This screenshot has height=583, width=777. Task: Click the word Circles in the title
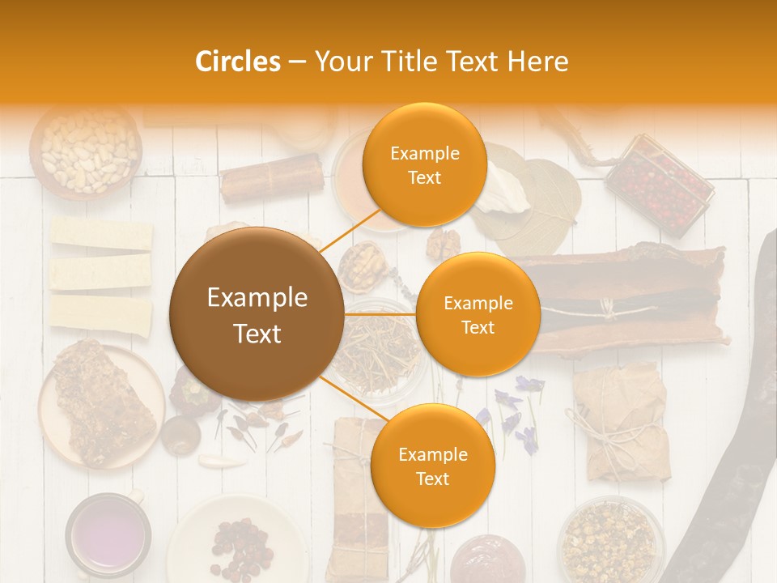(237, 62)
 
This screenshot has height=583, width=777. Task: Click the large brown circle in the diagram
(257, 314)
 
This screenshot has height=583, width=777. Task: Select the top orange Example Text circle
(424, 165)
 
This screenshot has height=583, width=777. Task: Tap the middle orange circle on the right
(478, 314)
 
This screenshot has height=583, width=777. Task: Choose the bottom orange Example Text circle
(432, 466)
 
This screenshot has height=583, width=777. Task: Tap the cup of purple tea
(107, 534)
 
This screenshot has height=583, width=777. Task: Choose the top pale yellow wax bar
(101, 233)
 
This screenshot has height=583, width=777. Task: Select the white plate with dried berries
(236, 538)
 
